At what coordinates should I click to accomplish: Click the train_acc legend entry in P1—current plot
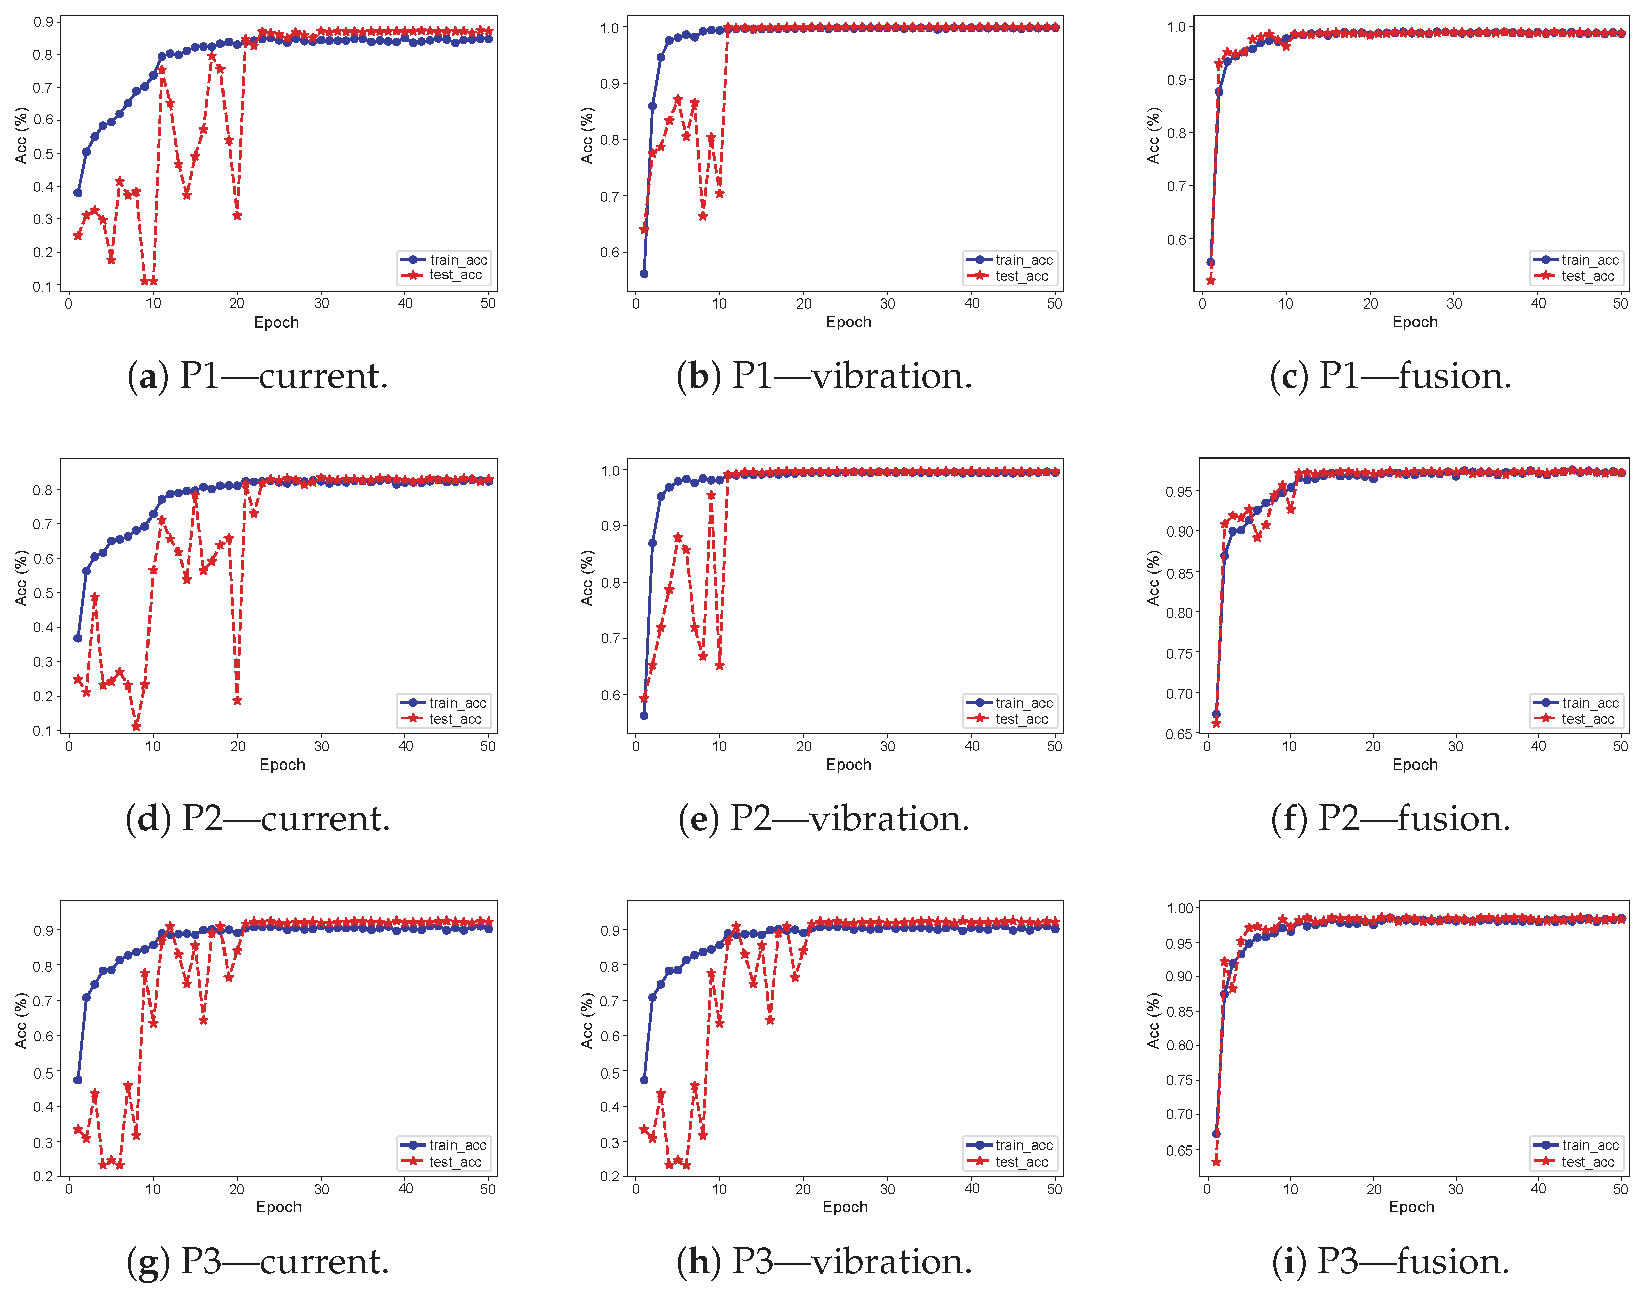coord(444,260)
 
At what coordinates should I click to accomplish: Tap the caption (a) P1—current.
coord(258,375)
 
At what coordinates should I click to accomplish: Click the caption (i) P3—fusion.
coord(1391,1262)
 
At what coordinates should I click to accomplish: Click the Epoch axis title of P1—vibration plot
coord(849,322)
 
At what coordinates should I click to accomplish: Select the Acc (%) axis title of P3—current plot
coord(21,1021)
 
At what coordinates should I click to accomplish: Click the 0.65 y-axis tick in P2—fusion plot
coord(1179,734)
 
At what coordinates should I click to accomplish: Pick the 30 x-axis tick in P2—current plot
coord(322,746)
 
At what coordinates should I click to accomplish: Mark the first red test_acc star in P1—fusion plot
coord(1210,281)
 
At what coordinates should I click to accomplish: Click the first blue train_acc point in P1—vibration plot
coord(644,274)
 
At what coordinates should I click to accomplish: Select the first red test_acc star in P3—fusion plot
coord(1216,1161)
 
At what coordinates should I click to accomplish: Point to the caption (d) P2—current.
coord(258,819)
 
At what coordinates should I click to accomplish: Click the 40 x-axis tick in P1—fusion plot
coord(1539,303)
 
